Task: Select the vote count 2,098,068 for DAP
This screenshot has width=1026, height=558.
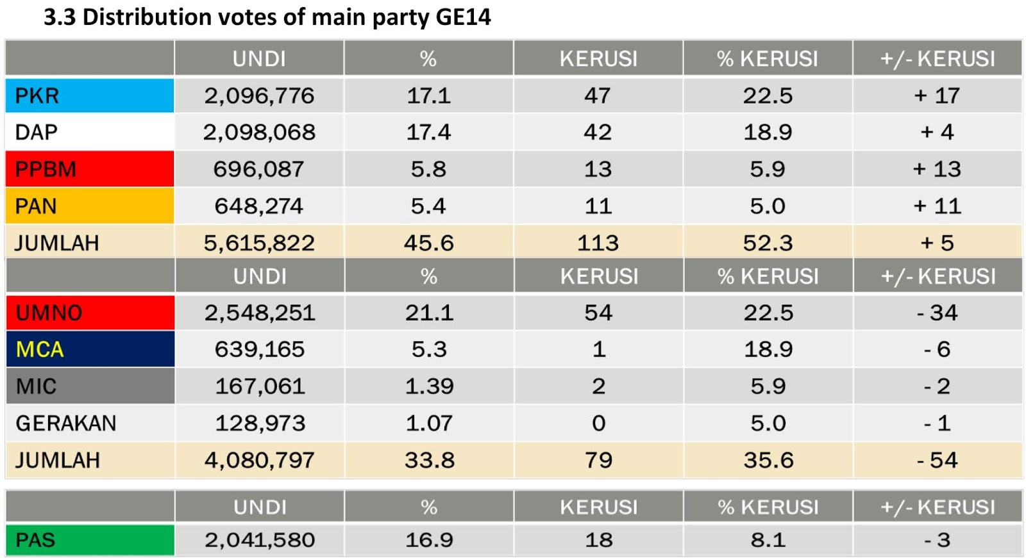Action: tap(259, 133)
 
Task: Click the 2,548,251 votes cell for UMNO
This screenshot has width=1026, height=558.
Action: tap(260, 313)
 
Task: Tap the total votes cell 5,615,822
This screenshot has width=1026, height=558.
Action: tap(259, 243)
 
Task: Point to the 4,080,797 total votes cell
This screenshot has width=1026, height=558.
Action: tap(260, 460)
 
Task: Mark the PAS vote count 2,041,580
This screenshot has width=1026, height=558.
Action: tap(260, 540)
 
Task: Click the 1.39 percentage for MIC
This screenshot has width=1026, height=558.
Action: tap(429, 386)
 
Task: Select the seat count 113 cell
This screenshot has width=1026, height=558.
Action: tap(598, 243)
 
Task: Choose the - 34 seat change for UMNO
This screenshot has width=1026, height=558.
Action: tap(937, 313)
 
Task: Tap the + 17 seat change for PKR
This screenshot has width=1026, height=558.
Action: tap(937, 96)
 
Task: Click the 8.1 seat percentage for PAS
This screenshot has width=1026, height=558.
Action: tap(768, 540)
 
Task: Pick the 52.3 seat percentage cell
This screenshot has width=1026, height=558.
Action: tap(768, 243)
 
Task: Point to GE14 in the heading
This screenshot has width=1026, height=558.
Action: tap(463, 17)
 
